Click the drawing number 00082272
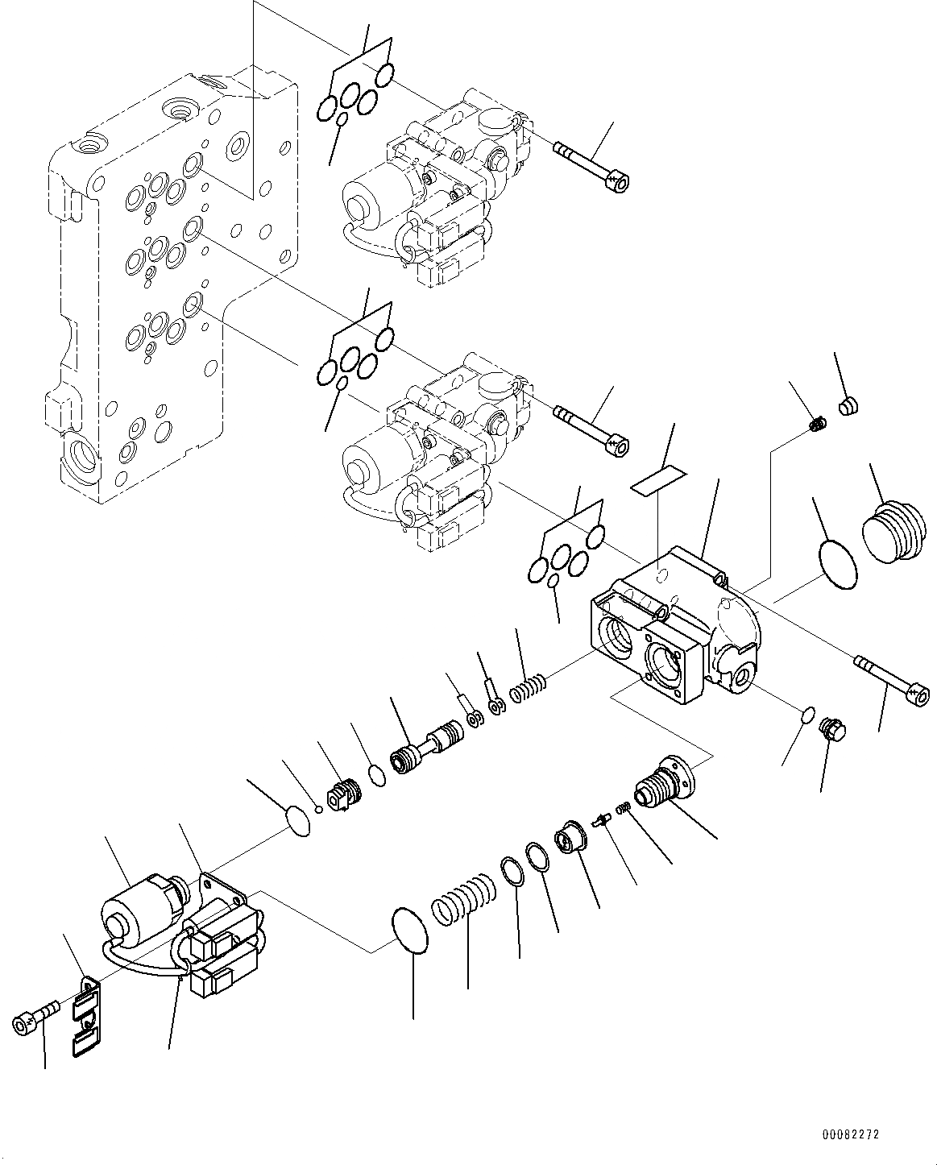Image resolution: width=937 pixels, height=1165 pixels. (851, 1134)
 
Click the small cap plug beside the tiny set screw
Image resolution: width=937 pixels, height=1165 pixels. (846, 406)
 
